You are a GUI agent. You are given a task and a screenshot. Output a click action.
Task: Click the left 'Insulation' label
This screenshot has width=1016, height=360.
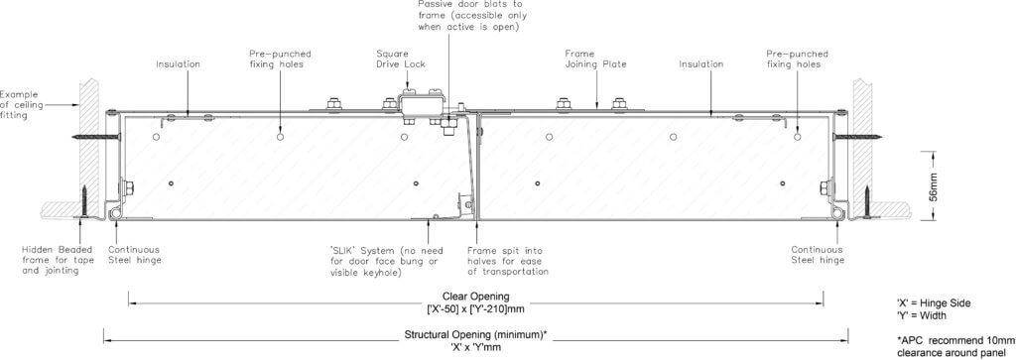[x=178, y=64]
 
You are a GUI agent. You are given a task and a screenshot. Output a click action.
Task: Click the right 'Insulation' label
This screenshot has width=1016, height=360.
[x=700, y=64]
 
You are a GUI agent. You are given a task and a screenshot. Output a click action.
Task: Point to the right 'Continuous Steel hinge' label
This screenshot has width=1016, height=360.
[x=818, y=255]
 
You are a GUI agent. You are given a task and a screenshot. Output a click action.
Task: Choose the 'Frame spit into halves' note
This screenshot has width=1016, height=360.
[x=508, y=261]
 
